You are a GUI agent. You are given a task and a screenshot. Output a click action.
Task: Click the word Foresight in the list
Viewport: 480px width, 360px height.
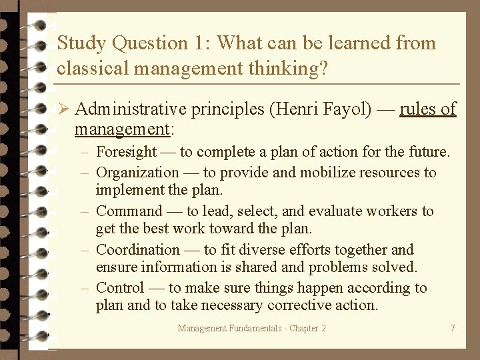pos(126,152)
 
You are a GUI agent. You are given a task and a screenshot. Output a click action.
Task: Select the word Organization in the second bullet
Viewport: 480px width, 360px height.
pos(137,173)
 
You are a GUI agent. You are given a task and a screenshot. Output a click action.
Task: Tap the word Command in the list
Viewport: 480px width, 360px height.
pos(129,211)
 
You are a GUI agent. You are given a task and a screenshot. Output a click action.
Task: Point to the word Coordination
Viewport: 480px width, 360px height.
pos(138,250)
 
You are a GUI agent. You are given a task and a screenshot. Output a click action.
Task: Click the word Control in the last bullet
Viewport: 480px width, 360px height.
pos(120,288)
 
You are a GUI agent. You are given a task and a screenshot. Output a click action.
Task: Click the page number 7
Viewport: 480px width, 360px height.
pos(453,328)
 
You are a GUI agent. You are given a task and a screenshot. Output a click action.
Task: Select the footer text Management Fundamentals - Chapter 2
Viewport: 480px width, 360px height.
pos(251,328)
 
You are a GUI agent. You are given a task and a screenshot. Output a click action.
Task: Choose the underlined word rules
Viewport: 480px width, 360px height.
pos(418,109)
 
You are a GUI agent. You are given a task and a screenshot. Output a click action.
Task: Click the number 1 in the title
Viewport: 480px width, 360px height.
pos(199,43)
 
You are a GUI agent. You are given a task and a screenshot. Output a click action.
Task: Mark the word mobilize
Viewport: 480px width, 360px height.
pos(327,173)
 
